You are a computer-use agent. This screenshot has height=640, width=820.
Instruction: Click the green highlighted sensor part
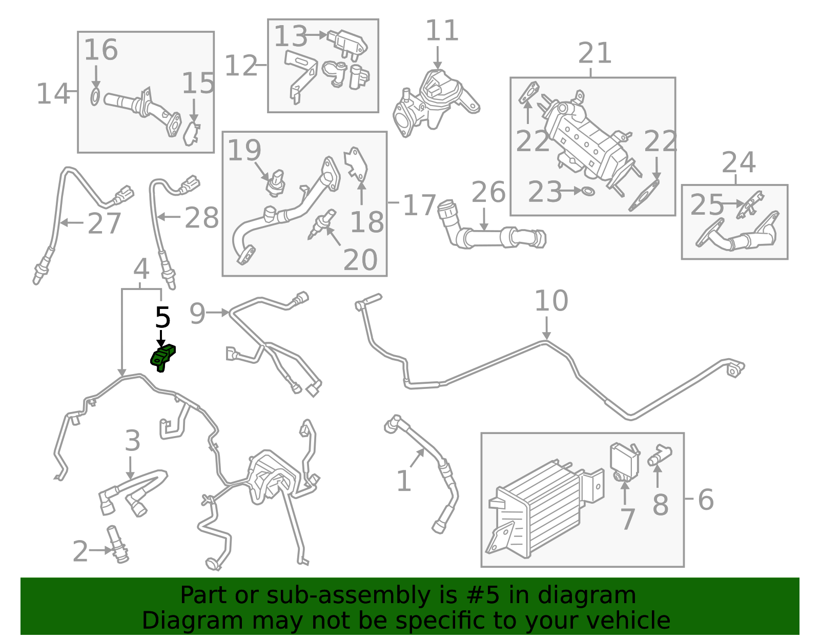point(163,358)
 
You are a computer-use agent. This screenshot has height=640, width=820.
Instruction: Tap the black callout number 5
point(162,318)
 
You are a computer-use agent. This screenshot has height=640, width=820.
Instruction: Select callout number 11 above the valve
point(442,31)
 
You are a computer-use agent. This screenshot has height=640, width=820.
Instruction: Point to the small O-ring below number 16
point(95,97)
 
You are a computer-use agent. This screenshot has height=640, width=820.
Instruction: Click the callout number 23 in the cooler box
point(544,192)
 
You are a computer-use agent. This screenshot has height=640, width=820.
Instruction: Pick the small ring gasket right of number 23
point(588,192)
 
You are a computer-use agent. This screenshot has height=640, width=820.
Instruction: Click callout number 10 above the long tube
point(551,301)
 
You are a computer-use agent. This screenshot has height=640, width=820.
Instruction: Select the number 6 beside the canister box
point(706,500)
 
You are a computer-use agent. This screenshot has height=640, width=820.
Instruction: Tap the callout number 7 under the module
point(627,519)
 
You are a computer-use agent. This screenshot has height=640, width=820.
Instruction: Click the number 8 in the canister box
point(661,505)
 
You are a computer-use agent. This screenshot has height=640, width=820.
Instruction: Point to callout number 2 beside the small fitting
point(80,552)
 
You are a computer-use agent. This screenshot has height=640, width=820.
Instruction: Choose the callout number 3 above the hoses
point(132,441)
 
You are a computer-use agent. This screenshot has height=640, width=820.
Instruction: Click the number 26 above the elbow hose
point(488,193)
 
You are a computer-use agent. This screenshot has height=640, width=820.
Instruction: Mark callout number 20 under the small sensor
point(360,260)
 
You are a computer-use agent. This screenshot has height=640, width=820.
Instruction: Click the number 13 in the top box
point(290,37)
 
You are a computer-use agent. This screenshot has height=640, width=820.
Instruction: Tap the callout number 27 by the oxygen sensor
point(104,224)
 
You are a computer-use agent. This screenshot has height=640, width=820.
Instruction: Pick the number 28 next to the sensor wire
point(201,218)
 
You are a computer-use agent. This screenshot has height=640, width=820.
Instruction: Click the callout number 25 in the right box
point(706,205)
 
